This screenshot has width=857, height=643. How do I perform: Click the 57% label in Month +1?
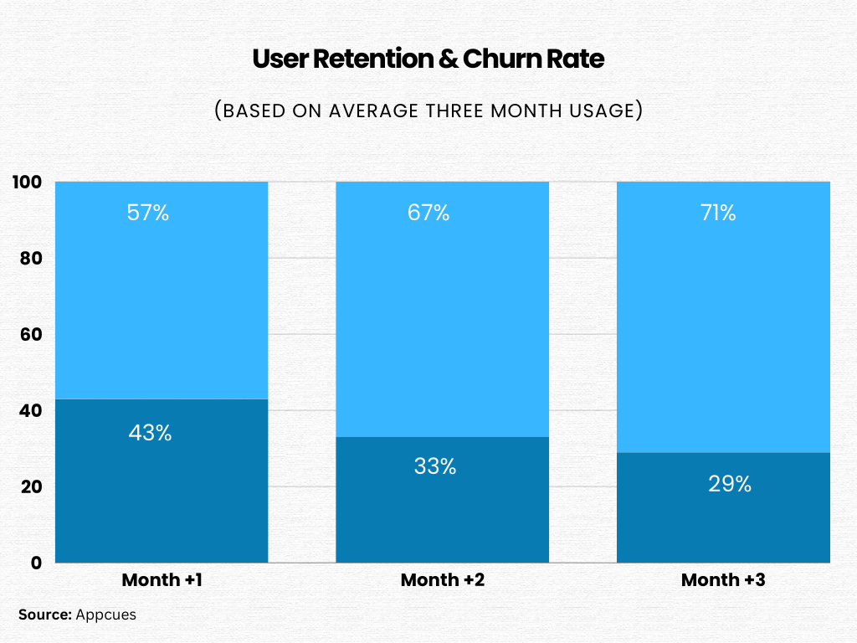pyautogui.click(x=150, y=213)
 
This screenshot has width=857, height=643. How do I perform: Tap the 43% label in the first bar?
pyautogui.click(x=150, y=433)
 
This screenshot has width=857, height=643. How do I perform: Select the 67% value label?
pyautogui.click(x=429, y=213)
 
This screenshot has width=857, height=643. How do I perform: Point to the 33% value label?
pyautogui.click(x=434, y=466)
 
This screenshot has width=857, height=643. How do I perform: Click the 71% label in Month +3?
pyautogui.click(x=718, y=213)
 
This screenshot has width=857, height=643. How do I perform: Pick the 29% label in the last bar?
pyautogui.click(x=730, y=483)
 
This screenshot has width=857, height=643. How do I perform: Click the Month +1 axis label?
pyautogui.click(x=162, y=580)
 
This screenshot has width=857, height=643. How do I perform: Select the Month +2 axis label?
pyautogui.click(x=443, y=580)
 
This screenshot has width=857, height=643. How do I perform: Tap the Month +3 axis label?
pyautogui.click(x=723, y=580)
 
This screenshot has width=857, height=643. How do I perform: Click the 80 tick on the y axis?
pyautogui.click(x=31, y=259)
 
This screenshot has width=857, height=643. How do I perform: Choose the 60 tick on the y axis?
pyautogui.click(x=31, y=335)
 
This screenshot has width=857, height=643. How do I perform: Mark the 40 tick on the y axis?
pyautogui.click(x=31, y=411)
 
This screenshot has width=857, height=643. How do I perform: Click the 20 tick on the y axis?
pyautogui.click(x=31, y=487)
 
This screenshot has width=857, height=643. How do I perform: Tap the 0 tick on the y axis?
pyautogui.click(x=35, y=563)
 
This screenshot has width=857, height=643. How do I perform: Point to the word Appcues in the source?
pyautogui.click(x=105, y=615)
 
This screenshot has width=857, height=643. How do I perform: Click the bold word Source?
pyautogui.click(x=45, y=615)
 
